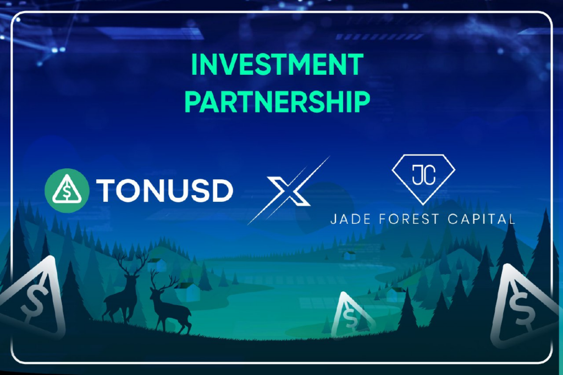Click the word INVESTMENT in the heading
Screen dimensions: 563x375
pos(277,65)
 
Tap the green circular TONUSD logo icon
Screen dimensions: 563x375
pos(67,190)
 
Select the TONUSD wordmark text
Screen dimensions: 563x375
pos(165,190)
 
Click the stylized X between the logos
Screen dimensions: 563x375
pos(289,191)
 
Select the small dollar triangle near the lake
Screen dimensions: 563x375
pos(350,316)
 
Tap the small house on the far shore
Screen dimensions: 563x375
pos(350,255)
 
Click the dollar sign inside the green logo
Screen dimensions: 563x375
pos(67,192)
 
